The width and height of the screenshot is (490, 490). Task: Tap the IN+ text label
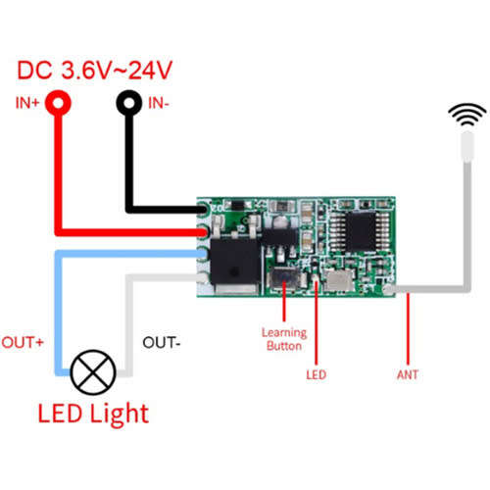click(27, 103)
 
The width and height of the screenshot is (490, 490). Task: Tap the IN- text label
click(159, 103)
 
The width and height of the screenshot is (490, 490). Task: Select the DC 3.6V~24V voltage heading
click(94, 71)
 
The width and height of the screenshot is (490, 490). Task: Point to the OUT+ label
click(23, 342)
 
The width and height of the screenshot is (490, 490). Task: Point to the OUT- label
click(162, 343)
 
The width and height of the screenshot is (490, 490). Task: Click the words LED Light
click(93, 415)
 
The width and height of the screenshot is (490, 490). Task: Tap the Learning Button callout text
click(284, 339)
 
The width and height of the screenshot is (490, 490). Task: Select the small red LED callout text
click(316, 374)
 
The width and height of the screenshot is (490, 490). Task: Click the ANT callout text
click(408, 374)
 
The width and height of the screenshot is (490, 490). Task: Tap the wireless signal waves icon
click(467, 115)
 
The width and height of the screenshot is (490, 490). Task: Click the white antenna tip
click(467, 147)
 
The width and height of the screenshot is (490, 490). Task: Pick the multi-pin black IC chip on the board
click(360, 231)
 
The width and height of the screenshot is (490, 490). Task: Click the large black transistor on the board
click(235, 262)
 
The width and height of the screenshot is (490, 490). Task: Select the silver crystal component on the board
click(340, 280)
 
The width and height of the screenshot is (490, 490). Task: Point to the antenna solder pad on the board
click(388, 289)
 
